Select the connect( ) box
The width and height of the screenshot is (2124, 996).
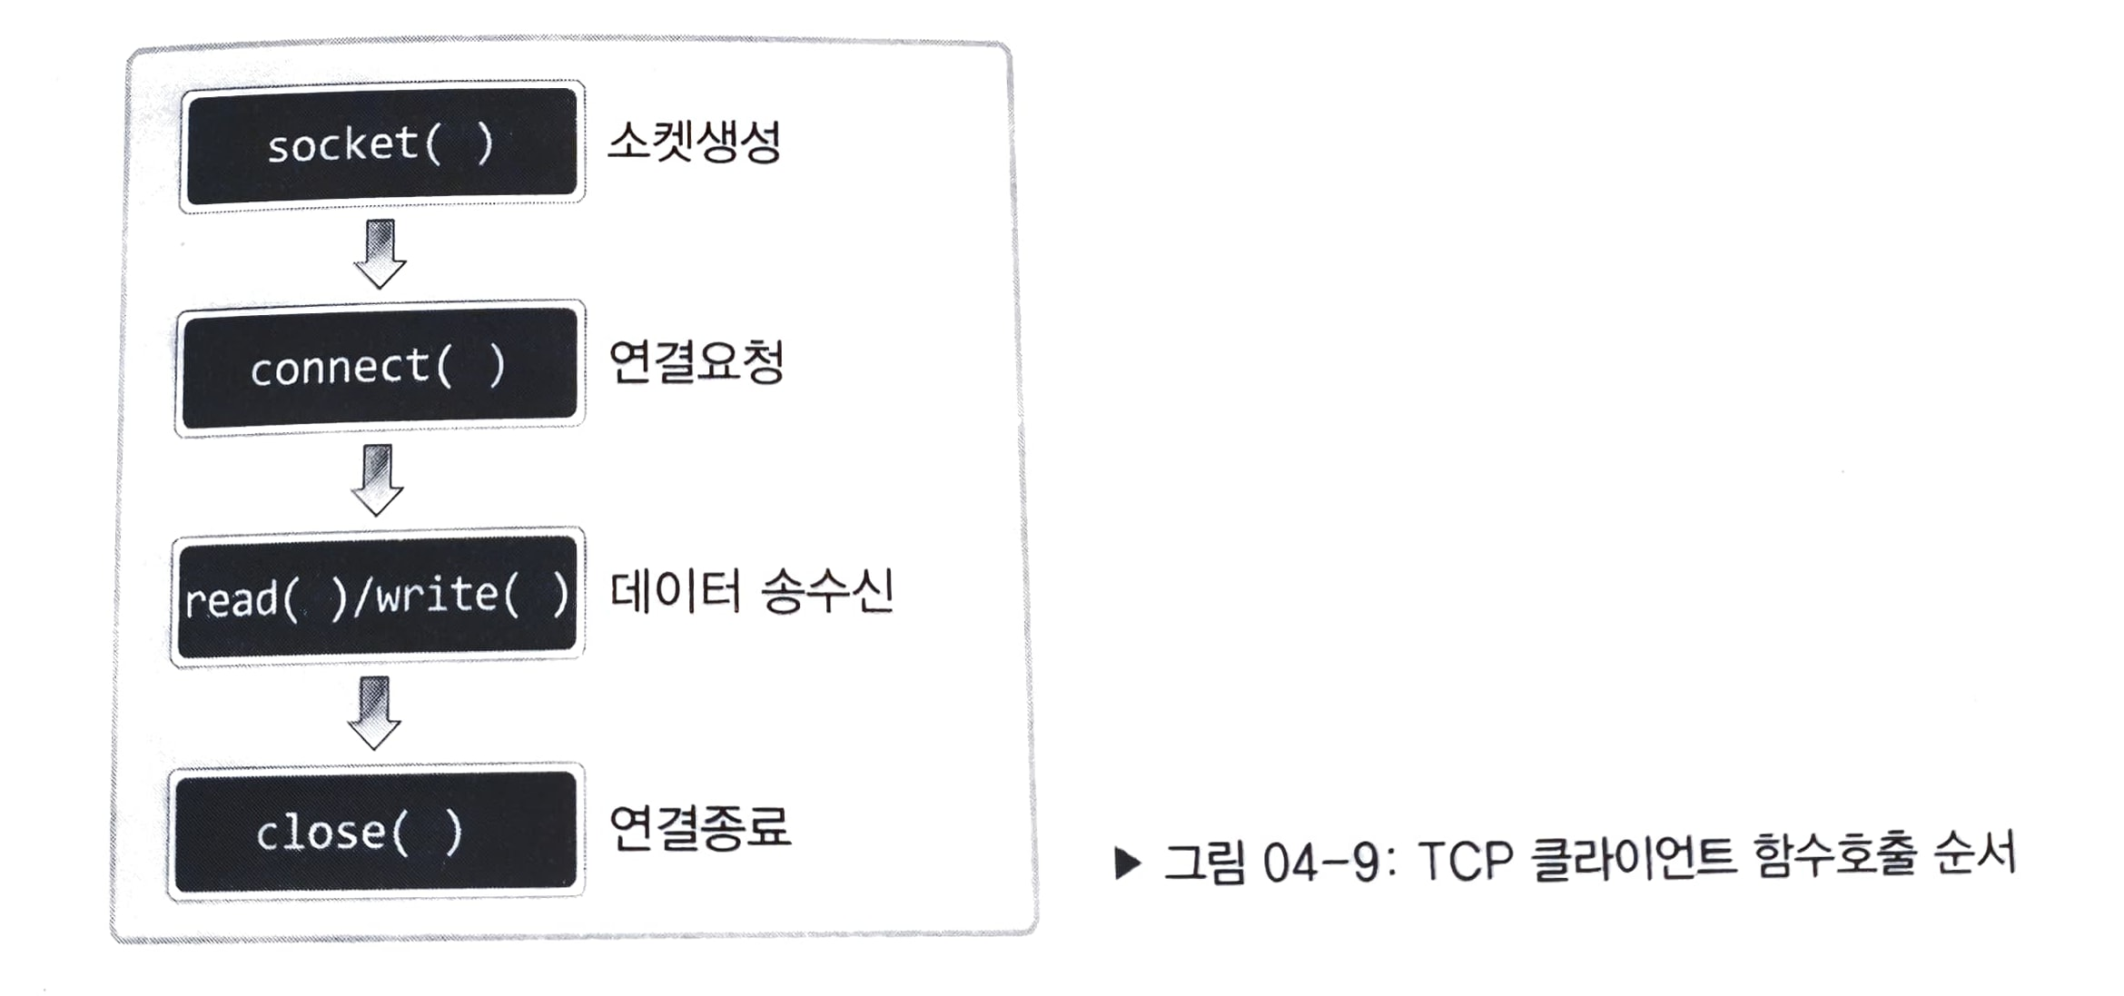380,367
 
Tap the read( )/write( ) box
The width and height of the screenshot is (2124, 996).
378,597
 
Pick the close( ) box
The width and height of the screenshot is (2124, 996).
374,832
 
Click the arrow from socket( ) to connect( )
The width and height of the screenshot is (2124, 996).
380,253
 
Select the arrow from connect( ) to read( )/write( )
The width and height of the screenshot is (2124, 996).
377,478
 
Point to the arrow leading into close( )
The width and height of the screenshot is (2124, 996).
374,712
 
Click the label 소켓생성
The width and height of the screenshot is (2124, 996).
694,142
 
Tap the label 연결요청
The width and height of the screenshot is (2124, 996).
696,361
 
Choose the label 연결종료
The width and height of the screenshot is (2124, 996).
699,827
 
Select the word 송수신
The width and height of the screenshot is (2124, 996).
826,591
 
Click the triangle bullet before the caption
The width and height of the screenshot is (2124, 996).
1127,863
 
